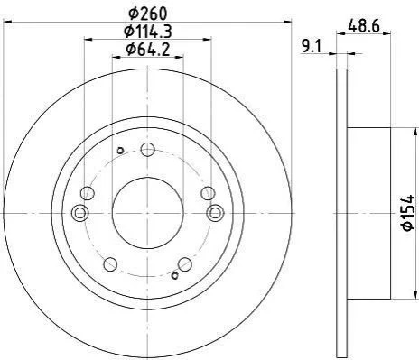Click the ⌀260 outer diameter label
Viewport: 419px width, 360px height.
pos(147,14)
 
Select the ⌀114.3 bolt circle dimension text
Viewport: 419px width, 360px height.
pos(148,32)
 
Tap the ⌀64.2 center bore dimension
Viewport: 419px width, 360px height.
pos(148,50)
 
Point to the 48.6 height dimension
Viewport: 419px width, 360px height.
pos(364,26)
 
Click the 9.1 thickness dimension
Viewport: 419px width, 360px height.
pos(312,47)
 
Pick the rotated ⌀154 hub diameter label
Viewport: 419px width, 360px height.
pos(409,213)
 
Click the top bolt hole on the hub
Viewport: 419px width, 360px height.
pos(148,150)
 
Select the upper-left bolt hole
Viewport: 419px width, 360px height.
pos(88,193)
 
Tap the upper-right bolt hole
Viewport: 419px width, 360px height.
pos(208,193)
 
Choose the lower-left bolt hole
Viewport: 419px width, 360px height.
pos(110,264)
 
